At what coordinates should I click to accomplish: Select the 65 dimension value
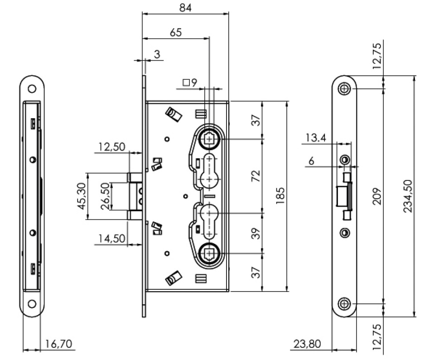(x=176, y=32)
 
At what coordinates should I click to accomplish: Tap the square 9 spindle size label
(x=190, y=83)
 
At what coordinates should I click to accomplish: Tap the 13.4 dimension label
(x=316, y=138)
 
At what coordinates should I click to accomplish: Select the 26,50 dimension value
(x=105, y=196)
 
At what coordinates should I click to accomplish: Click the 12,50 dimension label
(x=111, y=147)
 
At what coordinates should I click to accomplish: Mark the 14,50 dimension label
(x=111, y=239)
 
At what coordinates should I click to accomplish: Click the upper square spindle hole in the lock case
(x=209, y=139)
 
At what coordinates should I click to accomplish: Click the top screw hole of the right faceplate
(x=345, y=88)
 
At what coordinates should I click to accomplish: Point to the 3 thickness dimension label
(x=157, y=55)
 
